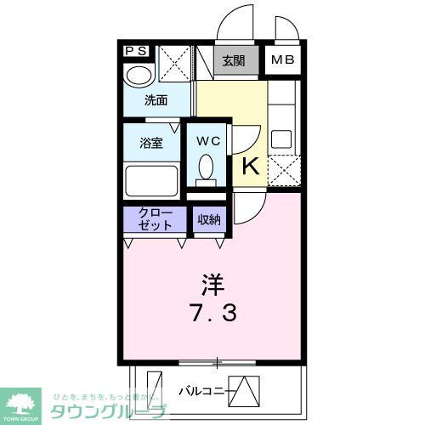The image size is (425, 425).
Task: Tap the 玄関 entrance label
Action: point(234,60)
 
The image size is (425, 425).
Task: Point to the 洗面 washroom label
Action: point(156,100)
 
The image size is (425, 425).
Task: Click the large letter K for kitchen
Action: point(251,166)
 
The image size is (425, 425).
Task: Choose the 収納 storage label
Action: point(208,220)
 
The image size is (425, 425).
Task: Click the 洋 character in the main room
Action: point(212,280)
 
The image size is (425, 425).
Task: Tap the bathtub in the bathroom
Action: point(151,179)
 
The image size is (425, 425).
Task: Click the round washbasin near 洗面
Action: point(136,78)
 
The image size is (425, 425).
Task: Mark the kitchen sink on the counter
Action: point(281,139)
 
